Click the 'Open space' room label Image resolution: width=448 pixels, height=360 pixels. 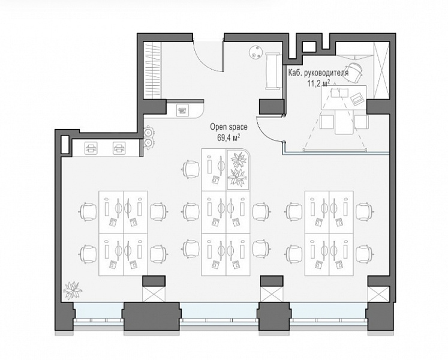(228, 127)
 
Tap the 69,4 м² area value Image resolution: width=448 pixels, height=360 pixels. (228, 138)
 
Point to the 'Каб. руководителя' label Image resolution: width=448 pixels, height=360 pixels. (318, 73)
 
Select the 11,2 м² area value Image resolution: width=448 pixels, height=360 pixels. (318, 83)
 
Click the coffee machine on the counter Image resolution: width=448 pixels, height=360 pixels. (182, 110)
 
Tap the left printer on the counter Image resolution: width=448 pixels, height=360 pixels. (91, 148)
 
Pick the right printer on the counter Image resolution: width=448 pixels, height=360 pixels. (119, 148)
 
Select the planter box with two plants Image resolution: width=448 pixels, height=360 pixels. (237, 170)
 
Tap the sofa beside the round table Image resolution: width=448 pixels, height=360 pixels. (272, 71)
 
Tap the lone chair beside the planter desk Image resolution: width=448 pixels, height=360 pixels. (191, 170)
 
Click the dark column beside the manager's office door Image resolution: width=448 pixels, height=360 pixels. (272, 106)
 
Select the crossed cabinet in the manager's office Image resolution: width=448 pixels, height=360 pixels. (381, 70)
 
